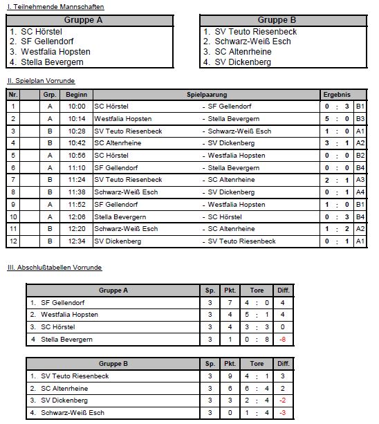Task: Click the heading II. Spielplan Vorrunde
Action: [46, 81]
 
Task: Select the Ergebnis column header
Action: [337, 93]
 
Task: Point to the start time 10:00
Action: [76, 107]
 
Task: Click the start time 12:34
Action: [76, 241]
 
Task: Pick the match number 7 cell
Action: [13, 180]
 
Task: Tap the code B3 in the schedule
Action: [360, 119]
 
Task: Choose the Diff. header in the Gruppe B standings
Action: [282, 363]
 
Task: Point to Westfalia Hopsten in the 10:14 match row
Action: [123, 119]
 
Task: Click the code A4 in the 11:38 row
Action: [360, 192]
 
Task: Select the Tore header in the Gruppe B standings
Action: [257, 363]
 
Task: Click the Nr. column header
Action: [13, 93]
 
